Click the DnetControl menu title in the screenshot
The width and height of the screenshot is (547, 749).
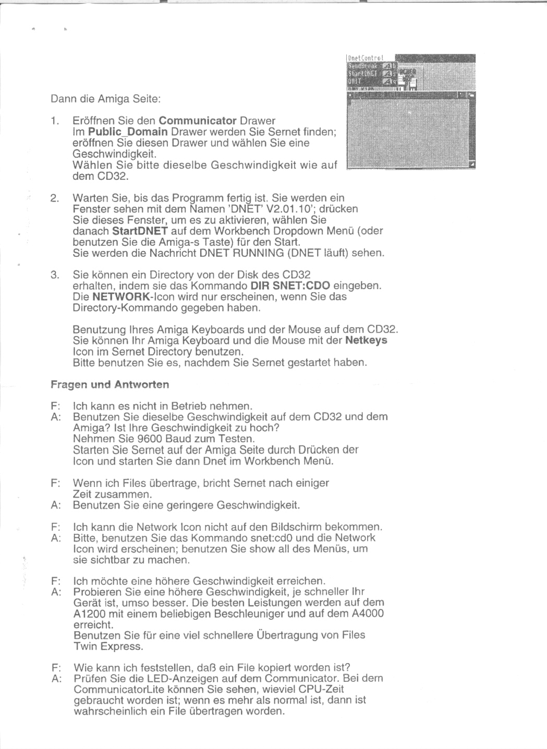tap(365, 58)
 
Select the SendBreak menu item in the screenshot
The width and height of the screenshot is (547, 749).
tap(362, 66)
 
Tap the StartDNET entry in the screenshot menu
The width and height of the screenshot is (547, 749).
tap(363, 73)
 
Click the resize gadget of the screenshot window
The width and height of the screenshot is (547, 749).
tap(472, 165)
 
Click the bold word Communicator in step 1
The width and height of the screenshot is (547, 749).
tap(198, 121)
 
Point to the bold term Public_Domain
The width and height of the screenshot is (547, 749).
tap(128, 132)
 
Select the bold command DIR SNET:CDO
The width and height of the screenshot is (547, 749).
tap(290, 285)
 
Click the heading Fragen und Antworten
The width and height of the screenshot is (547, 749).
tap(110, 384)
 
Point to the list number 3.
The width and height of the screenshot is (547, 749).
tap(55, 274)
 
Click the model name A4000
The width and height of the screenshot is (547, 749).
tap(368, 614)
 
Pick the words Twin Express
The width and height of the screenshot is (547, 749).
tap(108, 646)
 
